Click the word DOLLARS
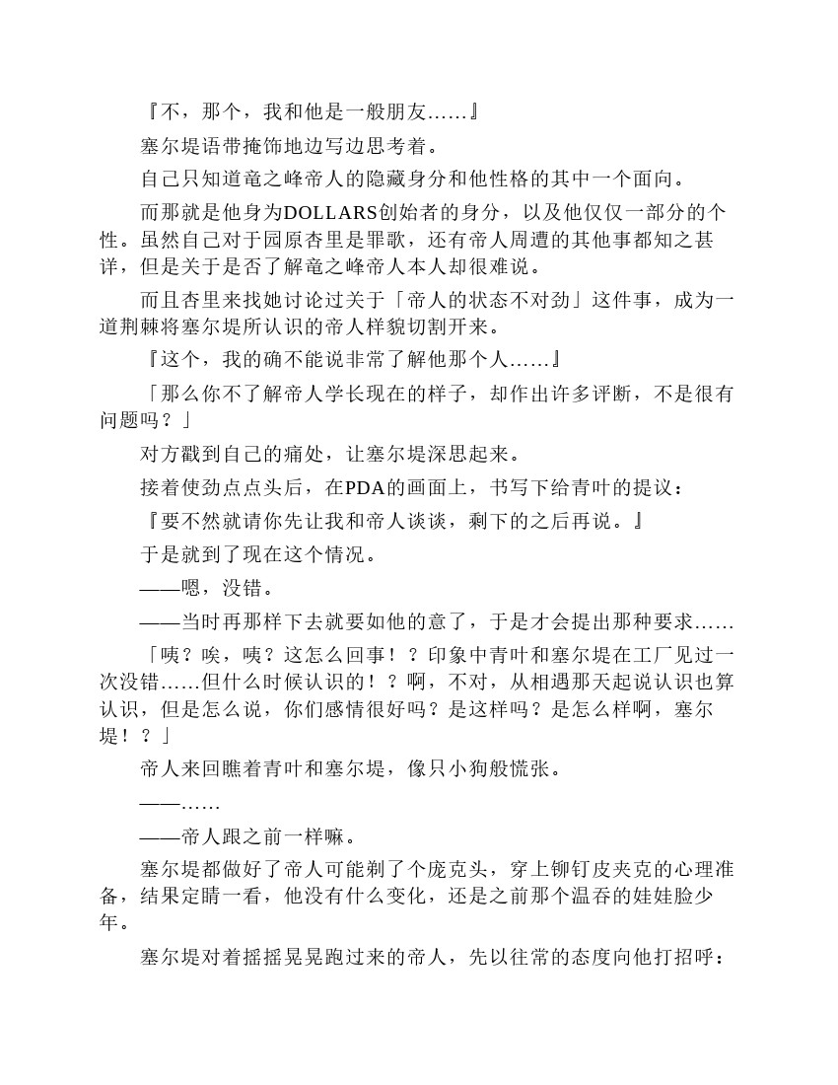point(331,213)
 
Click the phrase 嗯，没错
point(220,589)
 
